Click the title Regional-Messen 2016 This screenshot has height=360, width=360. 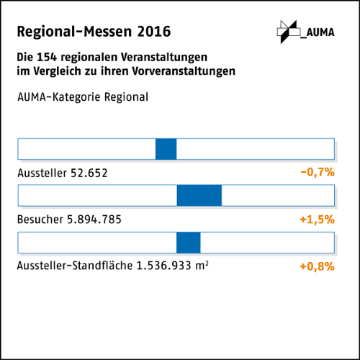94,32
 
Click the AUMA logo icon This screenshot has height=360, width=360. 287,31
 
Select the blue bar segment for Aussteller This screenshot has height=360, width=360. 166,149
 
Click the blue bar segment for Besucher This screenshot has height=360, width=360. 199,195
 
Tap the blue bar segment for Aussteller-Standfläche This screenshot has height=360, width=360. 189,243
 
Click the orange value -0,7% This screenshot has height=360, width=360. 318,173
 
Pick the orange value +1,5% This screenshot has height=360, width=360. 318,220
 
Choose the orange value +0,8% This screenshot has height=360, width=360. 318,266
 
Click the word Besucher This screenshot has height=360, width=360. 38,220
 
